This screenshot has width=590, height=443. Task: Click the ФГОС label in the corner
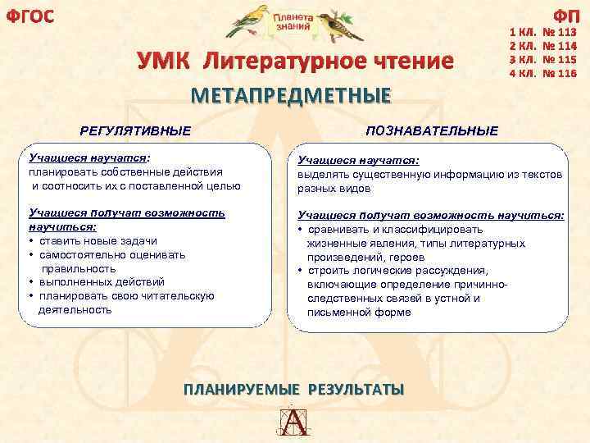coord(29,16)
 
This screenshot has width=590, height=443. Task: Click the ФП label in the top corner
coord(565,16)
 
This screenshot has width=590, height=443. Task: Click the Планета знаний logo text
coord(293,21)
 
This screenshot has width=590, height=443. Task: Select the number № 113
coord(561,34)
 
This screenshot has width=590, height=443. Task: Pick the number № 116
coord(561,74)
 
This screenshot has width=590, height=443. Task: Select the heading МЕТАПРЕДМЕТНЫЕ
coord(290,95)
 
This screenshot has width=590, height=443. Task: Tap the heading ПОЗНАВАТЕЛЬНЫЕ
coord(432,130)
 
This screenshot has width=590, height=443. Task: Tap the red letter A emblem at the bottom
coord(294,422)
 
